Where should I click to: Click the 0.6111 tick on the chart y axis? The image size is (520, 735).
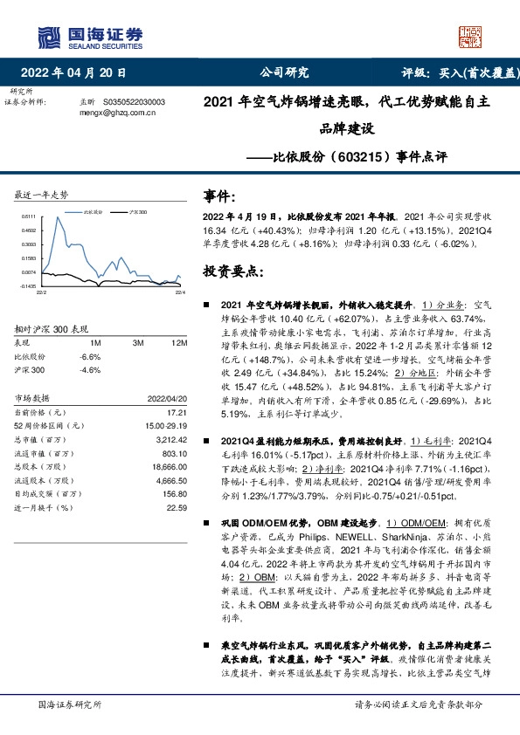28,216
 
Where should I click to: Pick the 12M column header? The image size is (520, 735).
180,342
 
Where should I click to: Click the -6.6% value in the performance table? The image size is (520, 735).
90,356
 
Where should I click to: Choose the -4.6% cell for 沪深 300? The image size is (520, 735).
90,370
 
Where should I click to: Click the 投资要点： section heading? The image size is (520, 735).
233,271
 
